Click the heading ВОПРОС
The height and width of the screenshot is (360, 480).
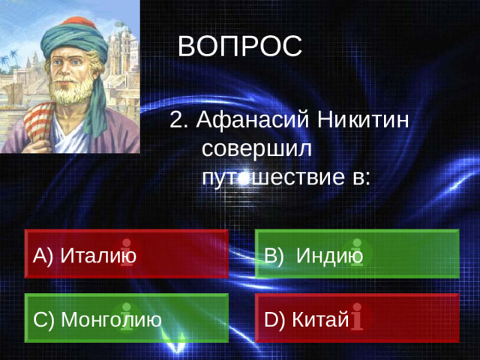tap(240, 46)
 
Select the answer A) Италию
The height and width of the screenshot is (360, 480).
tap(126, 253)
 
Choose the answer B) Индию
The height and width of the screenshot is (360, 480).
tap(356, 253)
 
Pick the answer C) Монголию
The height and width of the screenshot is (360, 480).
tap(126, 319)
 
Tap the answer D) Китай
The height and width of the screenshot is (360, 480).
tap(356, 319)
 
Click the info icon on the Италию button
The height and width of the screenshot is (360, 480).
tap(127, 252)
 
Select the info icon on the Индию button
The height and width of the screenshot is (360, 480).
tap(358, 252)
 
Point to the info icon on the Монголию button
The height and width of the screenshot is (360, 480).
tap(124, 317)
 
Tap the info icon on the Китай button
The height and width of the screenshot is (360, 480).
tap(359, 317)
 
